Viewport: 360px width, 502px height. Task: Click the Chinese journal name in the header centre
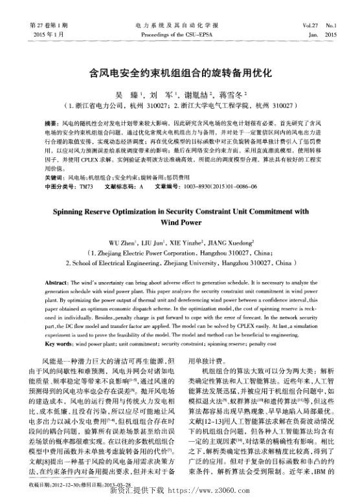click(179, 25)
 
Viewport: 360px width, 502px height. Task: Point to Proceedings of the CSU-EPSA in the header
click(179, 32)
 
